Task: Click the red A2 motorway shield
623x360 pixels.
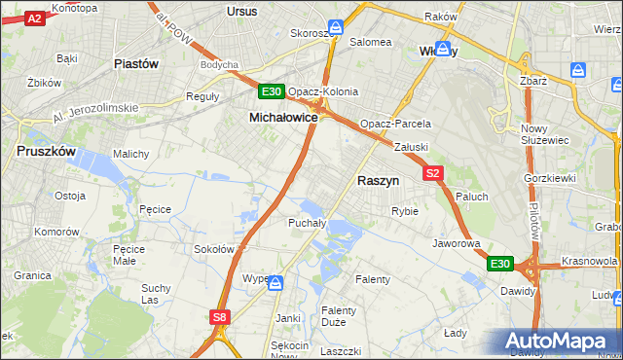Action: click(34, 18)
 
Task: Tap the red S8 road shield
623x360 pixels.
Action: click(220, 316)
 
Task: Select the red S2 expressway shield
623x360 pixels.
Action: click(433, 173)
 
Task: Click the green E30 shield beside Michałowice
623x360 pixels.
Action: click(272, 92)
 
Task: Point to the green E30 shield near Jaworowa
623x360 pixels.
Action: click(499, 264)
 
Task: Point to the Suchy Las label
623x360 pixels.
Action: click(156, 294)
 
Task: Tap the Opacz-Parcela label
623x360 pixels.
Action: click(395, 125)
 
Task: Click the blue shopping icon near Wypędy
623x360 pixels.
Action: click(275, 283)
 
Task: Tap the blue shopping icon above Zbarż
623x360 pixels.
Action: click(577, 70)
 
